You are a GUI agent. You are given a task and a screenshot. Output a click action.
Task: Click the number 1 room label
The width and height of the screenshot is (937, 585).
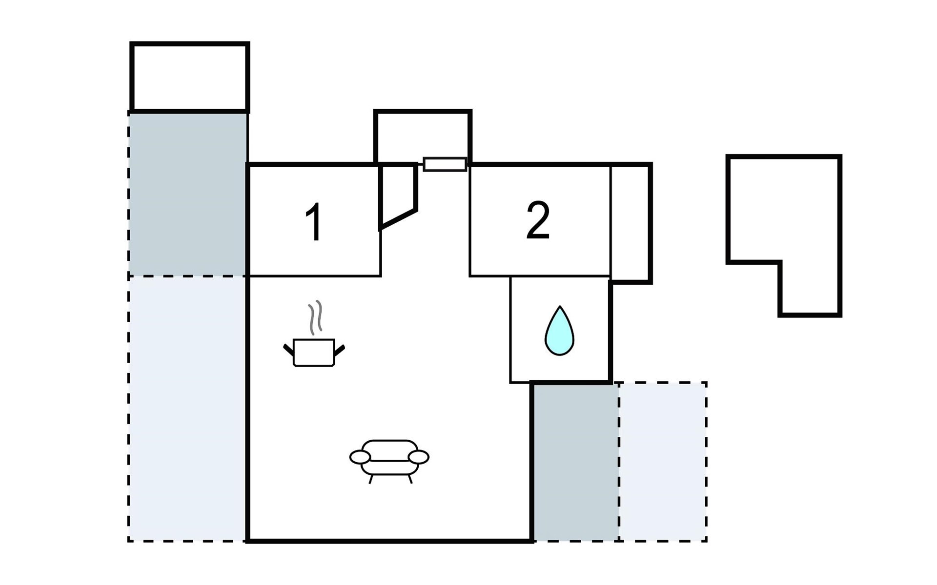pyautogui.click(x=314, y=222)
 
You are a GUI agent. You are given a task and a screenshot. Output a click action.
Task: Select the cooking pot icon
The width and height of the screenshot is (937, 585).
pyautogui.click(x=314, y=352)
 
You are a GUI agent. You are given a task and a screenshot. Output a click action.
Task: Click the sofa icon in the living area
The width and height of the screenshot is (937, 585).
pyautogui.click(x=389, y=461)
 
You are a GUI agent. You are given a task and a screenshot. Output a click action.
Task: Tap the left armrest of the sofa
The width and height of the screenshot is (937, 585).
pyautogui.click(x=360, y=457)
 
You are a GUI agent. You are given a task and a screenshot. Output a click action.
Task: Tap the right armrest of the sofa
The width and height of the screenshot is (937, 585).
pyautogui.click(x=418, y=457)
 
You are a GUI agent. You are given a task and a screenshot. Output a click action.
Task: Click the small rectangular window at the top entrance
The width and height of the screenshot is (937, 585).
pyautogui.click(x=445, y=164)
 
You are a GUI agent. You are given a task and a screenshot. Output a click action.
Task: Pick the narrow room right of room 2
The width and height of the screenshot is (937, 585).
pyautogui.click(x=631, y=223)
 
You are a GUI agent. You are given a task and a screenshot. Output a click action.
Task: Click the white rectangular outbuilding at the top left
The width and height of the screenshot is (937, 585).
pyautogui.click(x=190, y=77)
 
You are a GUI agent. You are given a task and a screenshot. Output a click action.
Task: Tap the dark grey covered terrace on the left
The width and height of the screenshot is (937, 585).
pyautogui.click(x=188, y=194)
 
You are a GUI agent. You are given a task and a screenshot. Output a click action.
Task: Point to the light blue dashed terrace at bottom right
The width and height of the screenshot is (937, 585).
pyautogui.click(x=663, y=461)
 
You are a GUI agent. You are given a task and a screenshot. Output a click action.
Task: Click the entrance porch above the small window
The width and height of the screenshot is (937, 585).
pyautogui.click(x=423, y=136)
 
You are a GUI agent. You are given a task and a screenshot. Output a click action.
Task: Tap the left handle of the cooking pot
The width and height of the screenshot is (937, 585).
pyautogui.click(x=289, y=350)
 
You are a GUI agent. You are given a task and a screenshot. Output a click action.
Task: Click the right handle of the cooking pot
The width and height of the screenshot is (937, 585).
pyautogui.click(x=340, y=350)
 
